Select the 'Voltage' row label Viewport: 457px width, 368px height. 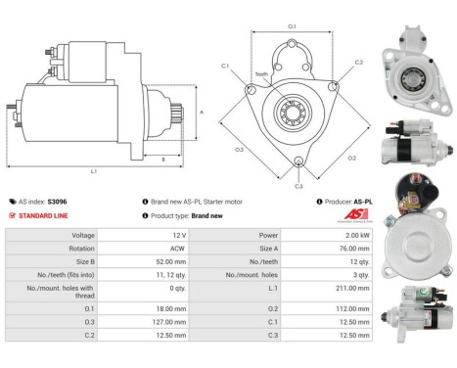82,236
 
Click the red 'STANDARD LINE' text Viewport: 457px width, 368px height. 45,215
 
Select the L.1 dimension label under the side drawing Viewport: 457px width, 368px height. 94,171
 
